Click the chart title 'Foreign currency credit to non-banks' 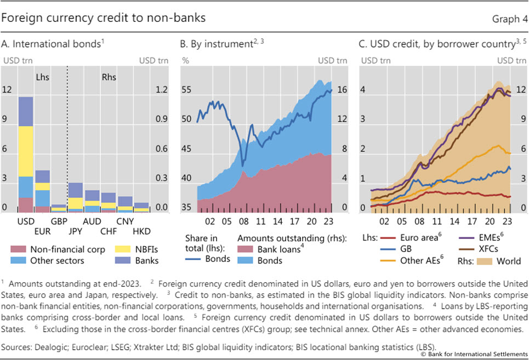104,18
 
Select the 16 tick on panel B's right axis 342,89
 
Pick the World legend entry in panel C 499,260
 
